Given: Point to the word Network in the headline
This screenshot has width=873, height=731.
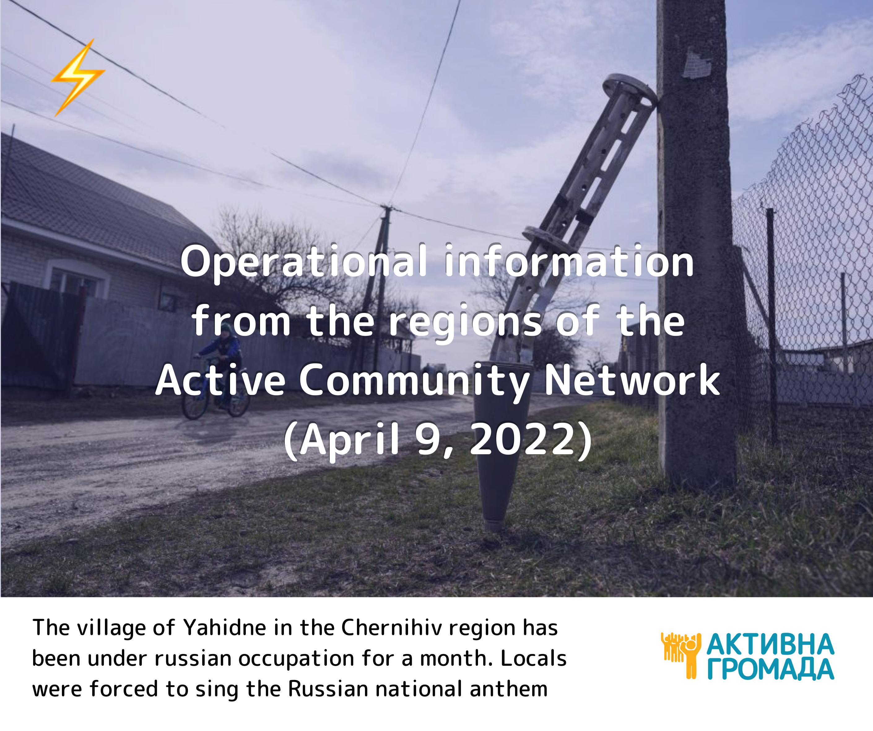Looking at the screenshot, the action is [632, 380].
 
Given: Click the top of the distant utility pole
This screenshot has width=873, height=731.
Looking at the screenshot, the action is [388, 208].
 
